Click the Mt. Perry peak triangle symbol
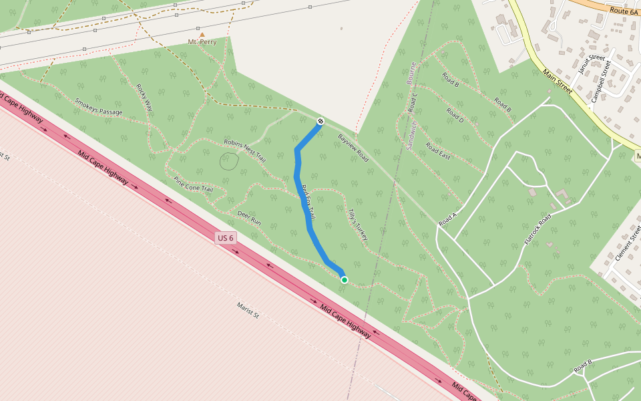(x=202, y=34)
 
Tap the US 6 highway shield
(x=226, y=238)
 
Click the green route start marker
(x=344, y=280)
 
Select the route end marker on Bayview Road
(x=321, y=121)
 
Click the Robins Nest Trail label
(x=245, y=151)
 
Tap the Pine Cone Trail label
(x=193, y=184)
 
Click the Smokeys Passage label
(x=99, y=107)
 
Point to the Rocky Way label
(x=144, y=98)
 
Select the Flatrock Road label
(x=539, y=229)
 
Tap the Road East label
(x=438, y=152)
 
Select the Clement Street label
(x=628, y=243)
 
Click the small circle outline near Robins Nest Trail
(x=229, y=161)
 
